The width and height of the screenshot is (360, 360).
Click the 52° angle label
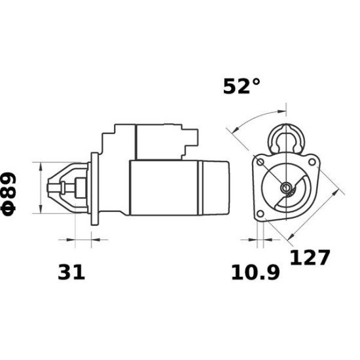(x=242, y=86)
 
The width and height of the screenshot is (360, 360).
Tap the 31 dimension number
(x=71, y=271)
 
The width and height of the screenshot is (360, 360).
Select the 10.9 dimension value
(x=255, y=271)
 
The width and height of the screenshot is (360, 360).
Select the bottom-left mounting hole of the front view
(x=261, y=214)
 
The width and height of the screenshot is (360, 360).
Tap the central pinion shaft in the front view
(x=287, y=189)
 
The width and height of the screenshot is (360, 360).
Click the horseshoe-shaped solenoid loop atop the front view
(x=286, y=137)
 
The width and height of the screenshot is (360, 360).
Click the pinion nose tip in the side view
(x=55, y=188)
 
